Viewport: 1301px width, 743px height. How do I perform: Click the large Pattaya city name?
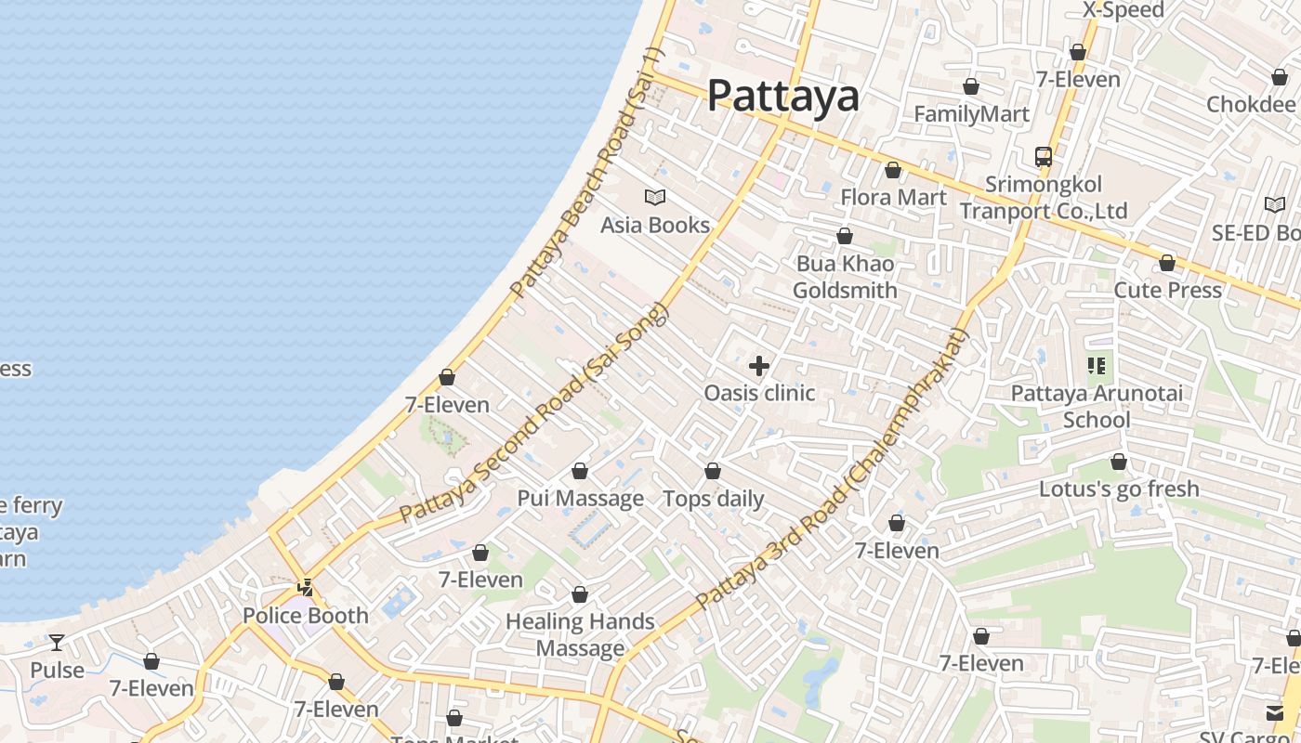pos(782,96)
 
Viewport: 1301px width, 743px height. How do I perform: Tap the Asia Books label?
pos(654,225)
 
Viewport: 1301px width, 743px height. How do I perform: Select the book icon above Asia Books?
pos(655,197)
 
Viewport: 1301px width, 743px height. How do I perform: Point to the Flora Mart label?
pos(893,197)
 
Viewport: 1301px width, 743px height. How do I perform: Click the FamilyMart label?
pos(971,114)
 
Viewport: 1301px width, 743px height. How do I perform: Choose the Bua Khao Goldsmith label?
pos(845,277)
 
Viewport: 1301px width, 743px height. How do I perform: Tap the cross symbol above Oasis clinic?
pos(759,366)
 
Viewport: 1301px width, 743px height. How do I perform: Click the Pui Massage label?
pos(580,499)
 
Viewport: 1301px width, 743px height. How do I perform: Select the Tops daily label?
pos(713,499)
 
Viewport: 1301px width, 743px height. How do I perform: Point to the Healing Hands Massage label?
pos(580,634)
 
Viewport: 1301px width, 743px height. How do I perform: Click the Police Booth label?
pos(305,616)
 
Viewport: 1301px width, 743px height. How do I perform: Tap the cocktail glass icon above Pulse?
pos(57,642)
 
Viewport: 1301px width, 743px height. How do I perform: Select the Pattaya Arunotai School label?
pos(1097,406)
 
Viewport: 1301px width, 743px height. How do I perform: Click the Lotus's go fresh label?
pos(1119,489)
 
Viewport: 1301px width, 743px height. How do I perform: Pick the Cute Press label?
pos(1167,290)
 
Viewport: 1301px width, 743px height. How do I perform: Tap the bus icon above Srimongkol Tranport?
pos(1044,157)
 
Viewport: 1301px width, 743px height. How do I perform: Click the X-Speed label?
pos(1123,10)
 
